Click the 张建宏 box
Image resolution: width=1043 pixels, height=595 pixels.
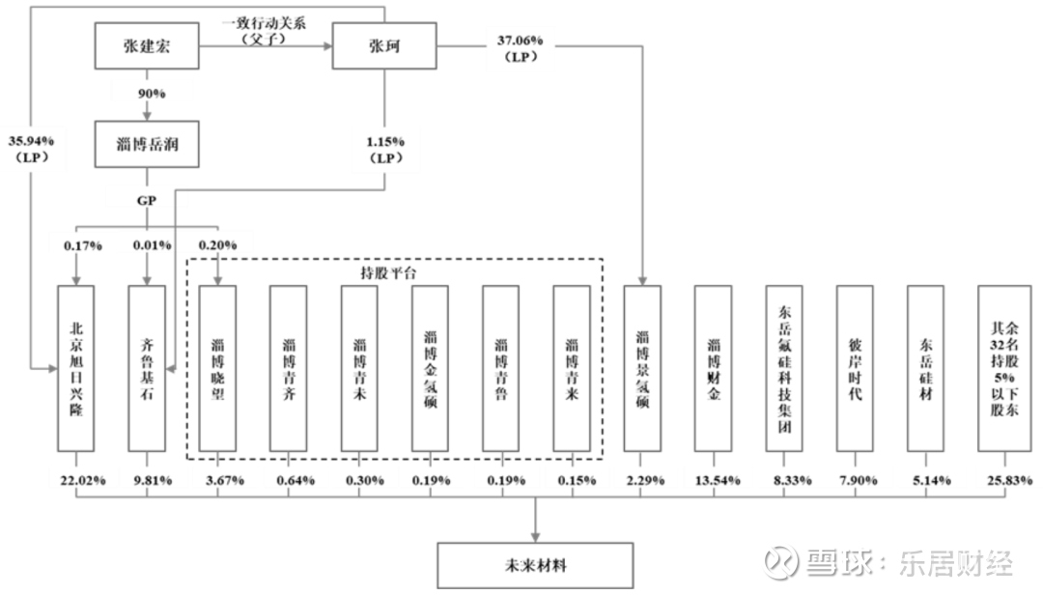[x=147, y=46]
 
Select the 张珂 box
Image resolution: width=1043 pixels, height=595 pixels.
[x=384, y=46]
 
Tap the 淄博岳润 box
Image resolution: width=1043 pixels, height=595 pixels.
[x=147, y=144]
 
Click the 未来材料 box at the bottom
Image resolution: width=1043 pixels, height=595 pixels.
[x=535, y=566]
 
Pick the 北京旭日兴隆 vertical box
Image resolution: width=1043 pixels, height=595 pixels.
[x=76, y=369]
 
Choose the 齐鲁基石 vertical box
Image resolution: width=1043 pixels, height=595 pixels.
[x=147, y=369]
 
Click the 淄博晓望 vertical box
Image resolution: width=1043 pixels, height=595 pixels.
[x=217, y=369]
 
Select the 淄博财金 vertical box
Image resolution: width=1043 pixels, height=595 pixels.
[x=713, y=369]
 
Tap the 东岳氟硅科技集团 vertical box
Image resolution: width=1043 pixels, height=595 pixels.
[x=784, y=369]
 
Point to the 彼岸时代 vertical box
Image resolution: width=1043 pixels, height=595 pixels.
[x=855, y=369]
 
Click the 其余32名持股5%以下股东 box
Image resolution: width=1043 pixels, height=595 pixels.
[x=1004, y=369]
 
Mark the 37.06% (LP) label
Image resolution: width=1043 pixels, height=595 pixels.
[x=521, y=48]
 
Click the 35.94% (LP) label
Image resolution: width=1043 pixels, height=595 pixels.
[x=31, y=149]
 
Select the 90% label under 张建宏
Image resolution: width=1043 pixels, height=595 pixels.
[x=152, y=94]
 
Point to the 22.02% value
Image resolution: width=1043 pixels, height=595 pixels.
[x=83, y=480]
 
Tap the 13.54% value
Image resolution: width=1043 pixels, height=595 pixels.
[x=718, y=480]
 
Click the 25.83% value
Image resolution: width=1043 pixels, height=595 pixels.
[x=1010, y=480]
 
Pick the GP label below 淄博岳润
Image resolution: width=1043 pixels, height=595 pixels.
[x=147, y=200]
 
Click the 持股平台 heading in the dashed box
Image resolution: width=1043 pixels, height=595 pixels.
[x=388, y=273]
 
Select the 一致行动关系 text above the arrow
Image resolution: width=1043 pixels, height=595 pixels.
[x=264, y=23]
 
